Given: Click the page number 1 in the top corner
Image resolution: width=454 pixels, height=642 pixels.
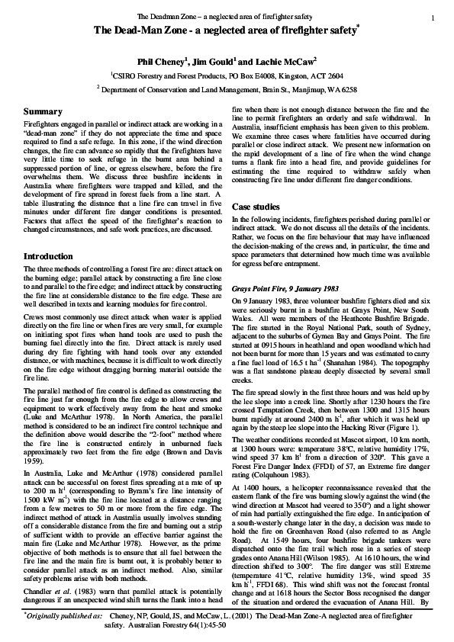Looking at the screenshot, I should pyautogui.click(x=433, y=17).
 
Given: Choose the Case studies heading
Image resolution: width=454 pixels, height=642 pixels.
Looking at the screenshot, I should pyautogui.click(x=258, y=207).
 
